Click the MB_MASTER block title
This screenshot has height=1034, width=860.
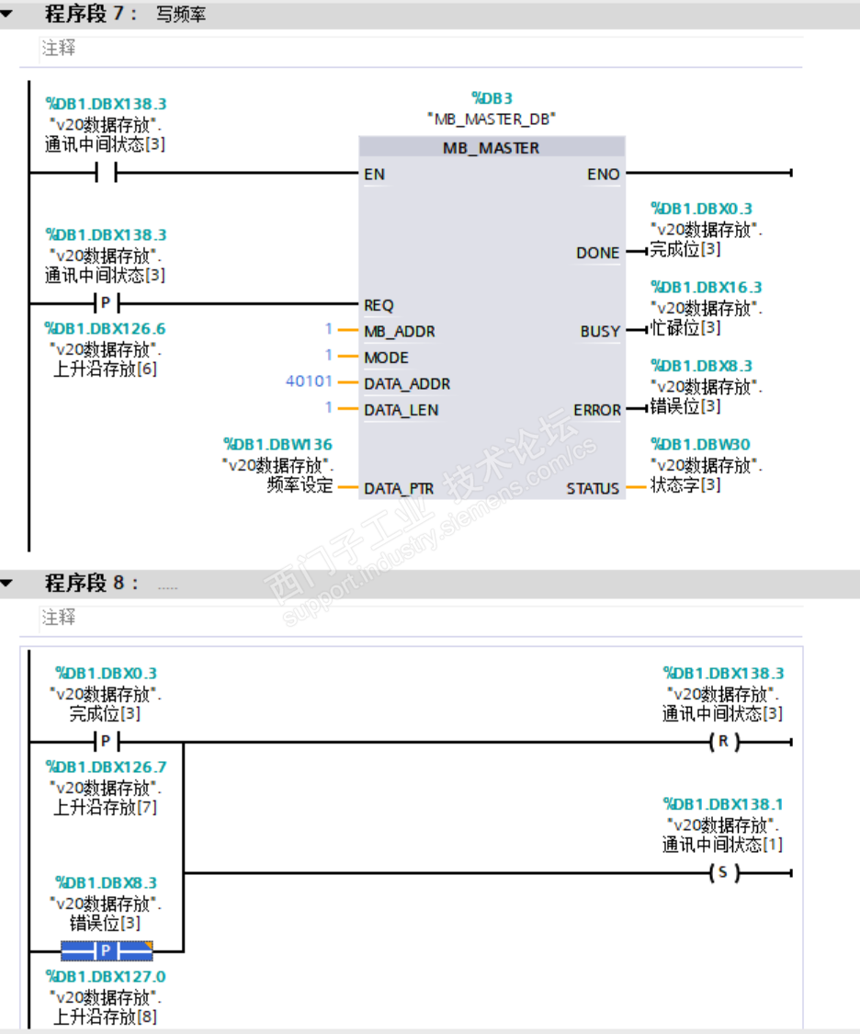pyautogui.click(x=491, y=148)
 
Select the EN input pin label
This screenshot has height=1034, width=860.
pyautogui.click(x=374, y=174)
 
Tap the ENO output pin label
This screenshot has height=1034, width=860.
pyautogui.click(x=604, y=174)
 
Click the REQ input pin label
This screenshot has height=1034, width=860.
pyautogui.click(x=379, y=305)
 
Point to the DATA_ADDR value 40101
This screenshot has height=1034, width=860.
pyautogui.click(x=309, y=381)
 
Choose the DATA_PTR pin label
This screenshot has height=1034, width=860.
pyautogui.click(x=399, y=489)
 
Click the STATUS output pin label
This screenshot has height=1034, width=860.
pyautogui.click(x=593, y=489)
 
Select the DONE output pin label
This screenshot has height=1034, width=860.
pyautogui.click(x=597, y=253)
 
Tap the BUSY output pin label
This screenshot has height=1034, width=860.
pyautogui.click(x=600, y=331)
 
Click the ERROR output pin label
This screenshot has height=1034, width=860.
pyautogui.click(x=596, y=410)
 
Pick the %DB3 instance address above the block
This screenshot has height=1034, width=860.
pyautogui.click(x=492, y=98)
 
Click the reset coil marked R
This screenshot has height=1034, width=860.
pyautogui.click(x=723, y=742)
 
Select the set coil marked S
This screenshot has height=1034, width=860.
pyautogui.click(x=723, y=872)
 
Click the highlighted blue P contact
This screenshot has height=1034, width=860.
pyautogui.click(x=107, y=950)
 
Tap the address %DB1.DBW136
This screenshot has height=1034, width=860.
pyautogui.click(x=278, y=445)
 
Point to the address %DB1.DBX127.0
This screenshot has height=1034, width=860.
pyautogui.click(x=106, y=976)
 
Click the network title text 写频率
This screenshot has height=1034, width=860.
pyautogui.click(x=181, y=16)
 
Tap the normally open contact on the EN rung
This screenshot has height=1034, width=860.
pyautogui.click(x=107, y=173)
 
